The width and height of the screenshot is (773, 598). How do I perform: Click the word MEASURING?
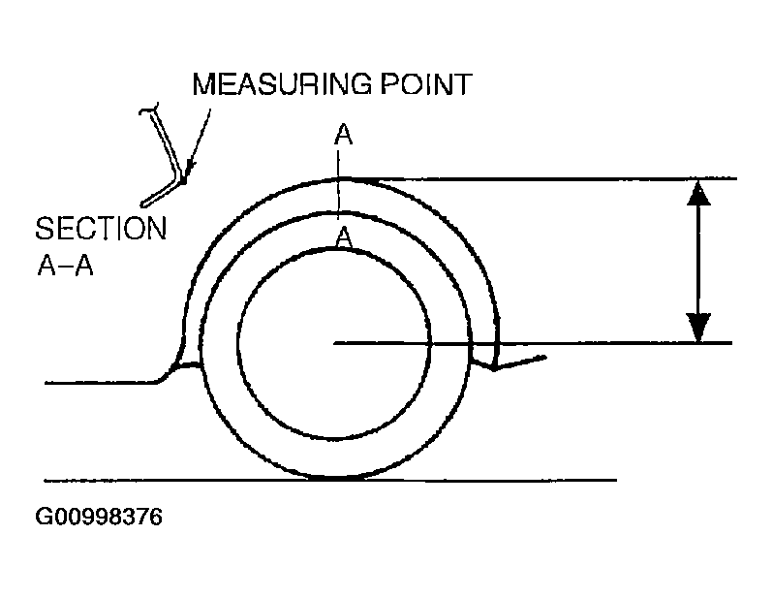[282, 85]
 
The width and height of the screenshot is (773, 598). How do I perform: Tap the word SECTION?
[100, 230]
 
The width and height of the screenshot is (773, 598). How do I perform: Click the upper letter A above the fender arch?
[343, 136]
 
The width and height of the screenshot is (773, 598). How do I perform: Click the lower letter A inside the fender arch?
[342, 236]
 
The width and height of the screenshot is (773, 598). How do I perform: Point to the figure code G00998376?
[99, 517]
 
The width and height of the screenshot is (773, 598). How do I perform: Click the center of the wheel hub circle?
[333, 342]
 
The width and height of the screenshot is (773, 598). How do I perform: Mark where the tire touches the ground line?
[333, 479]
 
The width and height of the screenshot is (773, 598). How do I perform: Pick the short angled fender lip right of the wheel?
[519, 362]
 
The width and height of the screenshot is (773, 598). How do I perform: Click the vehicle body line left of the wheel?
[97, 384]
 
